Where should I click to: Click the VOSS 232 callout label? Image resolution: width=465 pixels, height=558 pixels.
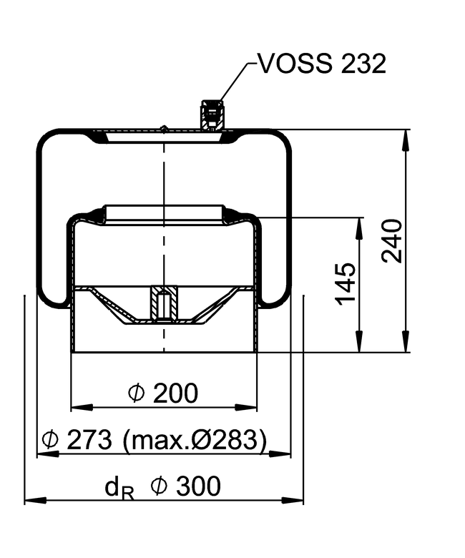[322, 64]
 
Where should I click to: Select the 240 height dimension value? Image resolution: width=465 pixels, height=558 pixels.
[393, 241]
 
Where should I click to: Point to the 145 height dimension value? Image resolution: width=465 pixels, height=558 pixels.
[346, 284]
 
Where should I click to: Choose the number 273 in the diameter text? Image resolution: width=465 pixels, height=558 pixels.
[89, 439]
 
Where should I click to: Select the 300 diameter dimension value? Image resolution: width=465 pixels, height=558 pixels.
[197, 486]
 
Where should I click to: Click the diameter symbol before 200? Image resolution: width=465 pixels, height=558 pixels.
[136, 393]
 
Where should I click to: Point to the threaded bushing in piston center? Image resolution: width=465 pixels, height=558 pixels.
[164, 303]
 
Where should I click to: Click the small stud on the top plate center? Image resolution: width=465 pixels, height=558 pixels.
[164, 129]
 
